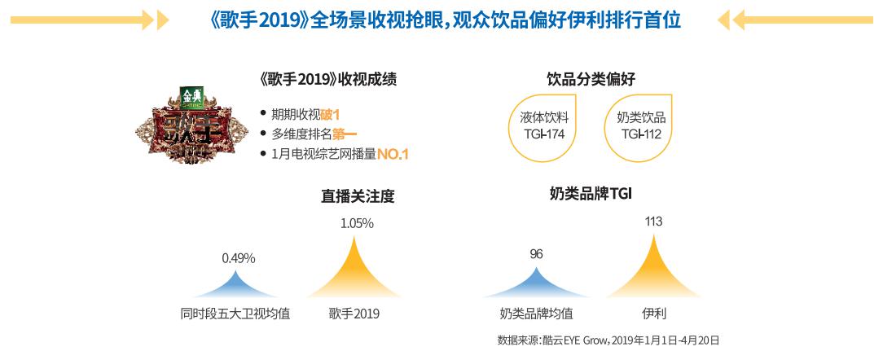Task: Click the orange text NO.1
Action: (x=392, y=153)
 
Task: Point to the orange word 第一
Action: (x=345, y=134)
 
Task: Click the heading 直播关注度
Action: (x=352, y=196)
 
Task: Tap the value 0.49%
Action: (x=239, y=258)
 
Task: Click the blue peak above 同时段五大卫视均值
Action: (x=236, y=284)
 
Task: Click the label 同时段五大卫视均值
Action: (x=235, y=313)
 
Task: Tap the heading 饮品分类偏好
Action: (x=591, y=80)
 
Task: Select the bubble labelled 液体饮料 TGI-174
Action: (x=543, y=125)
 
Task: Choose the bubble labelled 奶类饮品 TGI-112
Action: (x=641, y=125)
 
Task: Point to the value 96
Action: (x=536, y=254)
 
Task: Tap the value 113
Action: (x=653, y=222)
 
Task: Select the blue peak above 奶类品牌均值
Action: (x=535, y=283)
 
